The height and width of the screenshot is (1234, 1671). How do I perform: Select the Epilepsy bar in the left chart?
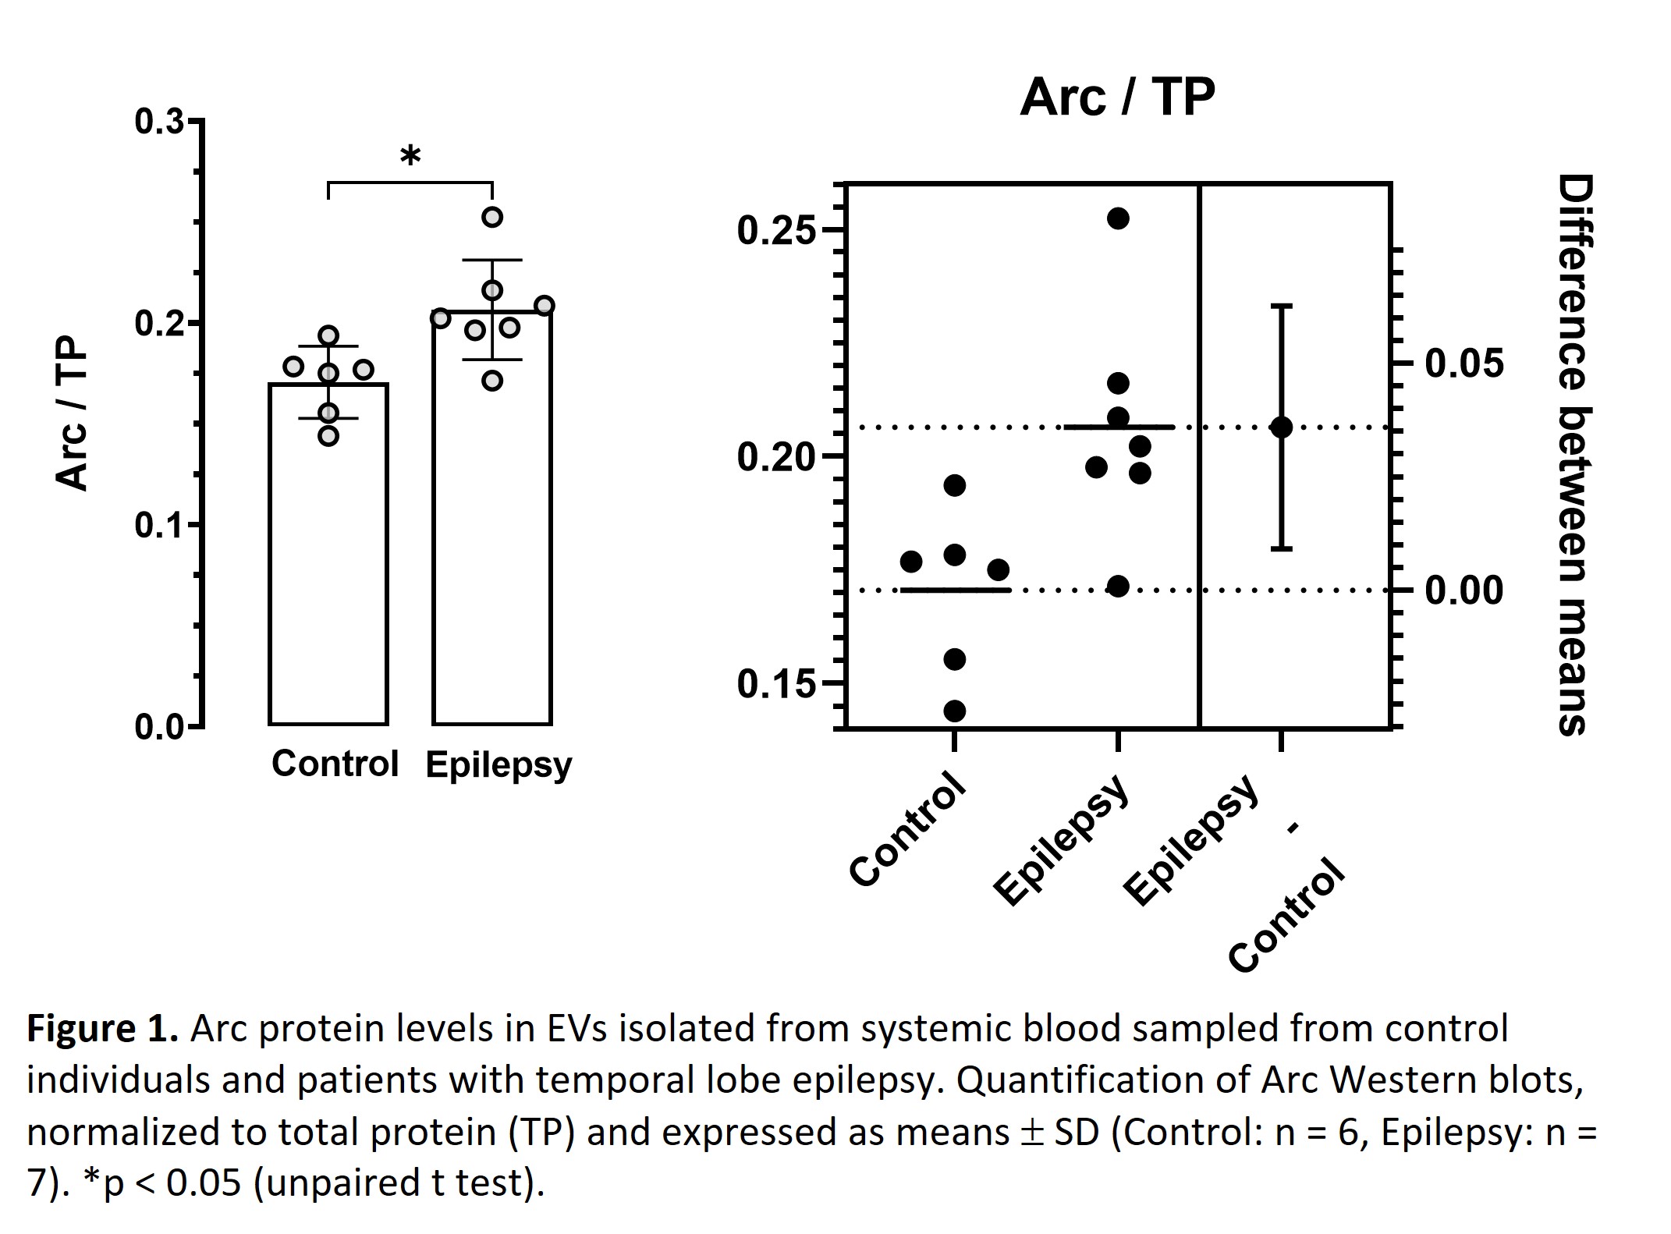coord(492,546)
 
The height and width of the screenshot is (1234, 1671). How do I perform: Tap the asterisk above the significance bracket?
coord(410,157)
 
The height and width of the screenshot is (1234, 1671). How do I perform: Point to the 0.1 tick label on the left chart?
coord(158,525)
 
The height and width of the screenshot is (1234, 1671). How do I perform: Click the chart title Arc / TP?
coord(1117,98)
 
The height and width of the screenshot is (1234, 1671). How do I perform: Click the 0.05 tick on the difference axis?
coord(1463,363)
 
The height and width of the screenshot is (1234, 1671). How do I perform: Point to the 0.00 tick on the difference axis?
coord(1463,590)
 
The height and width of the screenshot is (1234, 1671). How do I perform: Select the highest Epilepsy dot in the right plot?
coord(1118,218)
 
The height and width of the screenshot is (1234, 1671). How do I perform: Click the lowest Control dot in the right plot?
coord(955,711)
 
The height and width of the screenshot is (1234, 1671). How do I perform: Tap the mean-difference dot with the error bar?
coord(1281,427)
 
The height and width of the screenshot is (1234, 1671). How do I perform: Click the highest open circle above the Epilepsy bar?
coord(492,217)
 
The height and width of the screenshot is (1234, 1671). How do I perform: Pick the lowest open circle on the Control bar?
coord(328,436)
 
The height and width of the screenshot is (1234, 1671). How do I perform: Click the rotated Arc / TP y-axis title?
coord(73,413)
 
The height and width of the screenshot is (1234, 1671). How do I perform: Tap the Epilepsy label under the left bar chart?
coord(498,765)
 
